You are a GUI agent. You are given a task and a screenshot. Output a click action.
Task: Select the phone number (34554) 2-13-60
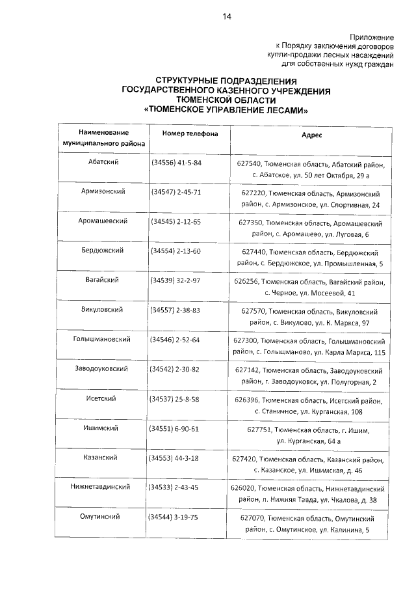(176, 251)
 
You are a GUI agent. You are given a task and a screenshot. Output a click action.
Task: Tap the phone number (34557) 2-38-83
(176, 310)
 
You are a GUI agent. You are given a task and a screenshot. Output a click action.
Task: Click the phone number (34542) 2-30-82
(175, 369)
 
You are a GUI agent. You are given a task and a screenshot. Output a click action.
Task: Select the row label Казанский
(102, 458)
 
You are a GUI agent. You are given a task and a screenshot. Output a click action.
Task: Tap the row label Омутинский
(102, 517)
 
